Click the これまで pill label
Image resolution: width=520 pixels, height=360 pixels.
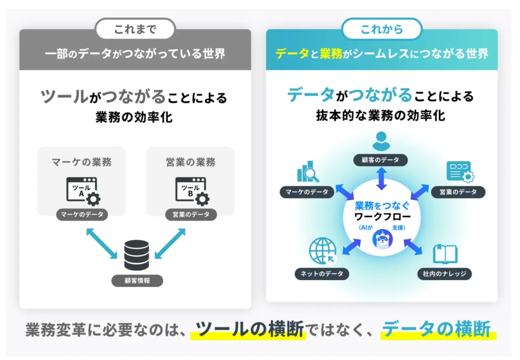click(x=135, y=29)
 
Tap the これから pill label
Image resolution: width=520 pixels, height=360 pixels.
click(x=382, y=29)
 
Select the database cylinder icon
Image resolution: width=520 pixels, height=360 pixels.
click(x=137, y=255)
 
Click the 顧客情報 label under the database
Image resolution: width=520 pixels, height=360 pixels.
click(x=137, y=280)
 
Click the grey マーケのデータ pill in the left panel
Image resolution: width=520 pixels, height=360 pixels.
click(x=82, y=214)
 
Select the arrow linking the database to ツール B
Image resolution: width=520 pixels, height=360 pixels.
click(x=170, y=244)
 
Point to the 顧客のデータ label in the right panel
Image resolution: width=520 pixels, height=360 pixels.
click(x=381, y=160)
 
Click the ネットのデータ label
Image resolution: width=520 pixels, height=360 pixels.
click(x=322, y=274)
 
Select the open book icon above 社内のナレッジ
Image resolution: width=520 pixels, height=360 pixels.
click(x=445, y=254)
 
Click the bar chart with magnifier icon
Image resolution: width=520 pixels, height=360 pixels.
click(x=308, y=172)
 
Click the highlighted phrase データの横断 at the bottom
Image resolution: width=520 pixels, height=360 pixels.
click(x=438, y=329)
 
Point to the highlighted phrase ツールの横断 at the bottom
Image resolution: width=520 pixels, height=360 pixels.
click(x=250, y=329)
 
